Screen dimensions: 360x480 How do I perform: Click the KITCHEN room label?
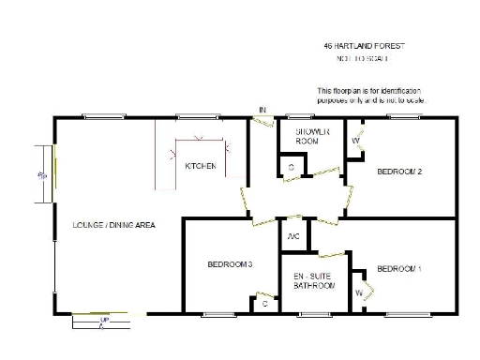click(201, 166)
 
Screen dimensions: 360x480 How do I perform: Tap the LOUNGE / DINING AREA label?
click(113, 226)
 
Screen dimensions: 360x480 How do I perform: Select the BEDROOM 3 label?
click(231, 265)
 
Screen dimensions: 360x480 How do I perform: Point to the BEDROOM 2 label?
click(399, 172)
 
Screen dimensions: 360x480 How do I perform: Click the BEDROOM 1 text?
click(399, 270)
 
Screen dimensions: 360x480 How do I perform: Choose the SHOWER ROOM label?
click(311, 136)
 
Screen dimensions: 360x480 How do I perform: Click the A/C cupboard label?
click(293, 235)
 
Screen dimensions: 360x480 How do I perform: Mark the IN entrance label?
click(262, 111)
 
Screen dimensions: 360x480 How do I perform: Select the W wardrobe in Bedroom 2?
click(355, 142)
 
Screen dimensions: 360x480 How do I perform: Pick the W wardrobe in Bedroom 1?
click(359, 293)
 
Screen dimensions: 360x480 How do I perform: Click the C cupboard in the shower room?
click(292, 167)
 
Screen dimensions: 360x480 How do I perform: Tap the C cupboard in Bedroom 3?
click(265, 304)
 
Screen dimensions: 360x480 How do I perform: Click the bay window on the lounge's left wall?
click(41, 174)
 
